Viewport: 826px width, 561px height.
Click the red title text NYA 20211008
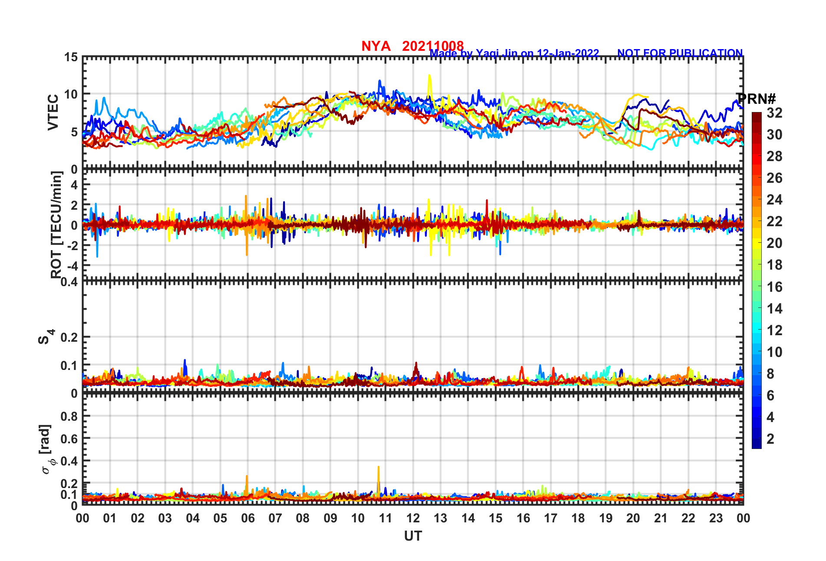click(412, 46)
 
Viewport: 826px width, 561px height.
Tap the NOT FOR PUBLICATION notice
click(680, 53)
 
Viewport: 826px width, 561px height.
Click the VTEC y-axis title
click(53, 112)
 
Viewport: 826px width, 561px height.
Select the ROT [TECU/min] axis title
click(56, 224)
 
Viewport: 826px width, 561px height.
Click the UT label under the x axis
click(413, 536)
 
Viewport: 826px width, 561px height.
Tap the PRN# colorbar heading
click(757, 99)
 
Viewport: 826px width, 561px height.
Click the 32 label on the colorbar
click(774, 113)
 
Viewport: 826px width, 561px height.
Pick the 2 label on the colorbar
click(770, 439)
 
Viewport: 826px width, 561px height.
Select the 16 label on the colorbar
click(774, 287)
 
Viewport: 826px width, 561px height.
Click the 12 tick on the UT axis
click(413, 518)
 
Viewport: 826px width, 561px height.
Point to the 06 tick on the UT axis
click(248, 518)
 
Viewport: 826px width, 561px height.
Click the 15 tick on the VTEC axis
click(71, 57)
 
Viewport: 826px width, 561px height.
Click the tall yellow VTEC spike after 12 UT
click(430, 77)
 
